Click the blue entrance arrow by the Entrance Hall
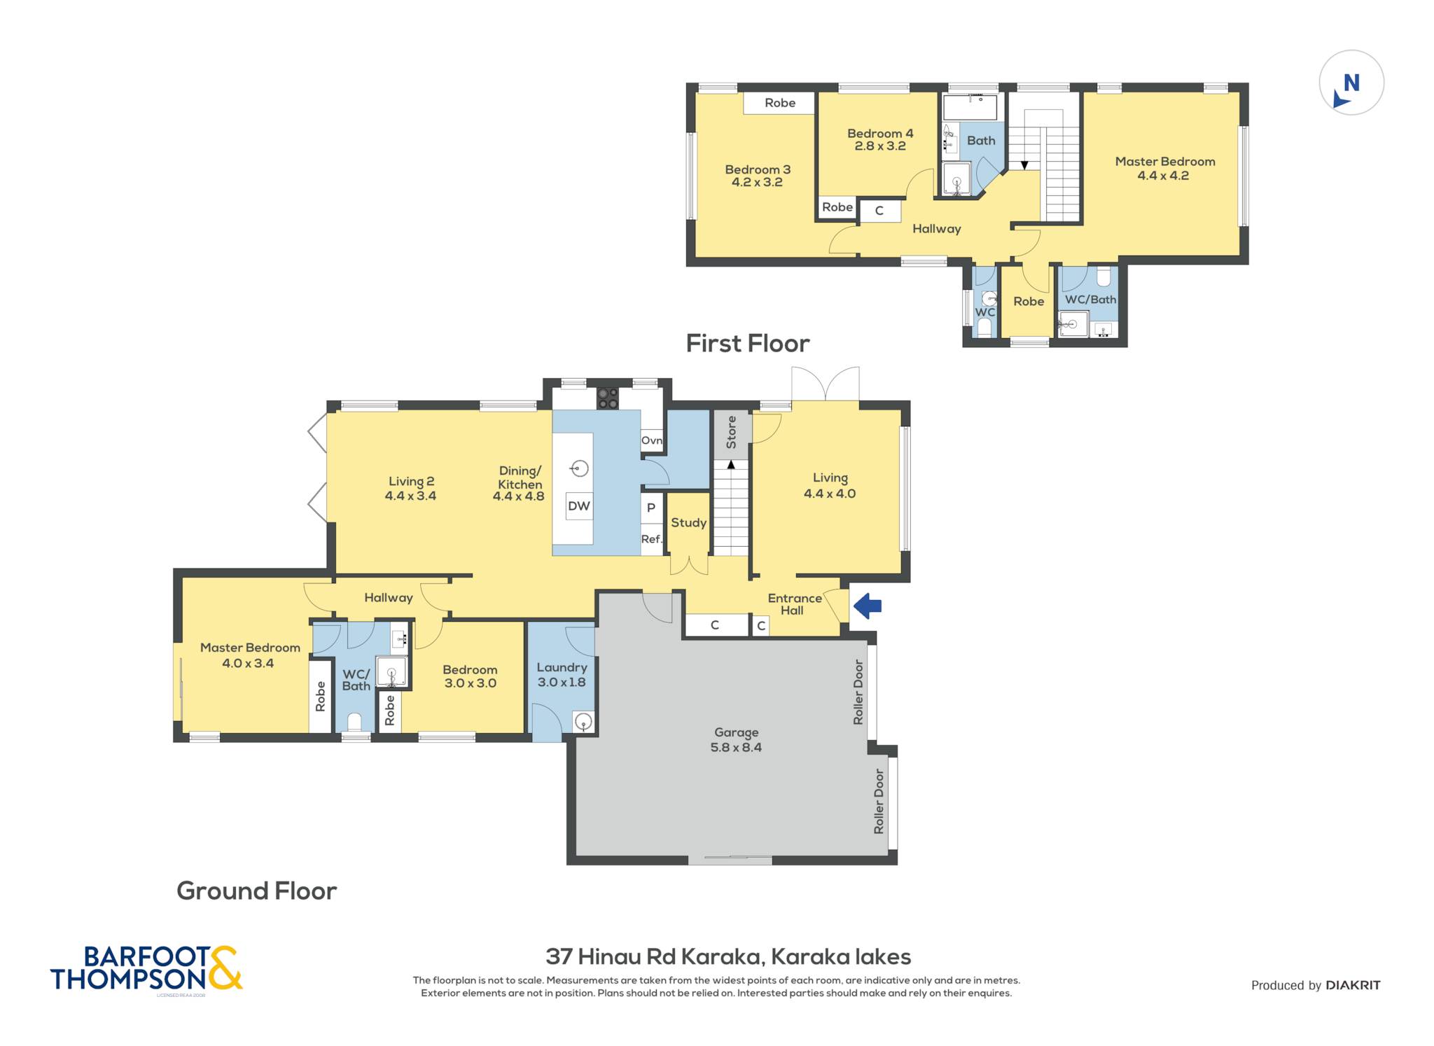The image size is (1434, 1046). [867, 606]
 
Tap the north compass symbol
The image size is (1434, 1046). [1351, 83]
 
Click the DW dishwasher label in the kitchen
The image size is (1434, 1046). [579, 505]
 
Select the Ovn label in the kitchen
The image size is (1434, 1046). [652, 440]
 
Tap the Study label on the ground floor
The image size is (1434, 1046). [689, 523]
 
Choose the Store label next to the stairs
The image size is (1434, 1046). [732, 432]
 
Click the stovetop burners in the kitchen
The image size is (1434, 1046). [607, 398]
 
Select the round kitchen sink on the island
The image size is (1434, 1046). [579, 468]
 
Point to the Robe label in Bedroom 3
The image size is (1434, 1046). [780, 103]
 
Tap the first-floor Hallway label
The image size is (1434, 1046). [936, 229]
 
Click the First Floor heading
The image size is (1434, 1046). [748, 343]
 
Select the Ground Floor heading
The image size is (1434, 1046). [257, 891]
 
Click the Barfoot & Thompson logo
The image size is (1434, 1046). [146, 969]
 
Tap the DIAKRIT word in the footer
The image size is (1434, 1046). [1353, 985]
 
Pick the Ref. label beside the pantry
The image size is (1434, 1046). [652, 539]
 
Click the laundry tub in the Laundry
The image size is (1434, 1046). [583, 722]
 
